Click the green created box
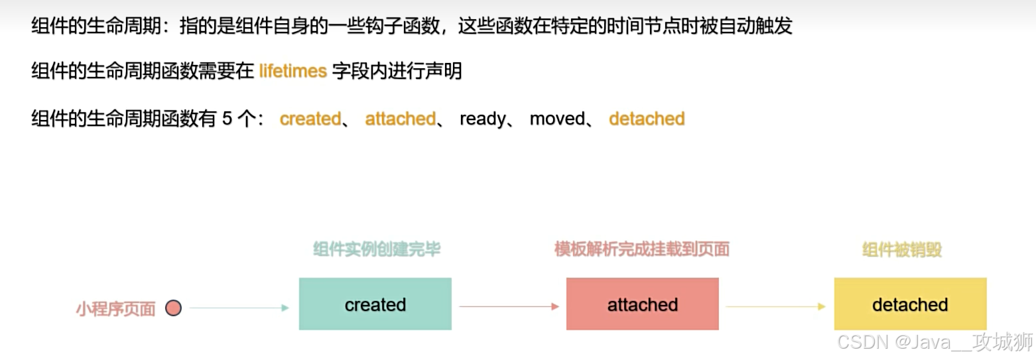pyautogui.click(x=375, y=304)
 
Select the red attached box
pyautogui.click(x=642, y=304)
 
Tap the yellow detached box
pyautogui.click(x=910, y=304)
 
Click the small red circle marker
pyautogui.click(x=173, y=308)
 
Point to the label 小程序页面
pyautogui.click(x=115, y=308)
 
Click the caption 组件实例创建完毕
pyautogui.click(x=377, y=249)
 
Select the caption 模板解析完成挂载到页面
pyautogui.click(x=641, y=249)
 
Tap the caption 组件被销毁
pyautogui.click(x=902, y=249)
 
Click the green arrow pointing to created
pyautogui.click(x=239, y=308)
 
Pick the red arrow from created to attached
pyautogui.click(x=509, y=306)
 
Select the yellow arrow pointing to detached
pyautogui.click(x=775, y=306)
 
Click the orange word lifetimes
pyautogui.click(x=292, y=71)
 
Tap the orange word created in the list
pyautogui.click(x=310, y=119)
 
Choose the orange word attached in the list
pyautogui.click(x=400, y=119)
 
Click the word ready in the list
pyautogui.click(x=482, y=119)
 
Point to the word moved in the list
pyautogui.click(x=556, y=119)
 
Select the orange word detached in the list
pyautogui.click(x=647, y=119)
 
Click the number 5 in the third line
pyautogui.click(x=227, y=119)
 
